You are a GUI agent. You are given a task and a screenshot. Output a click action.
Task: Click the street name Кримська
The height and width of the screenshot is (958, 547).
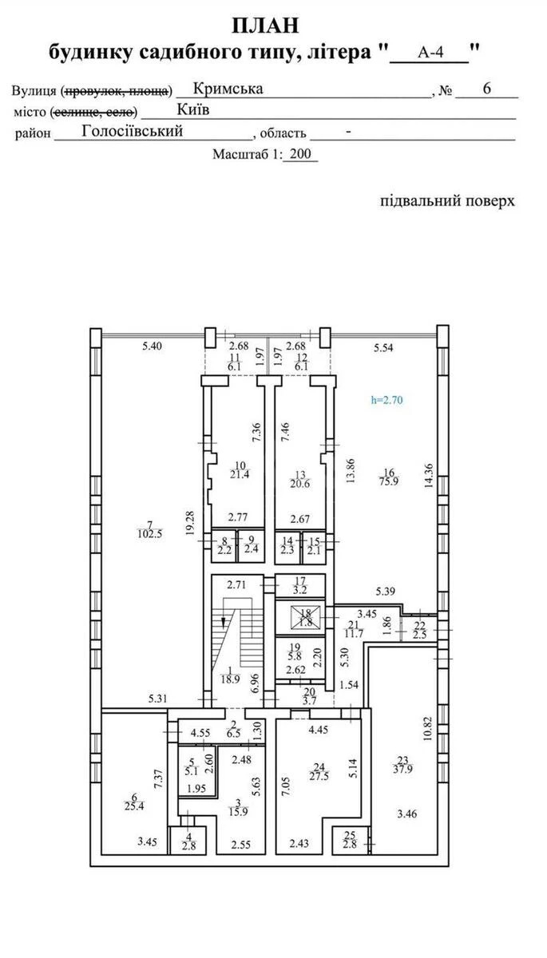click(228, 89)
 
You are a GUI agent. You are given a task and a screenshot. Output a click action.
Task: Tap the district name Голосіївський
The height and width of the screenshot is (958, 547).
click(133, 132)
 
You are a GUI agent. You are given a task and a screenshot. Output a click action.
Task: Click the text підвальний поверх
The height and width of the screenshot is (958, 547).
click(447, 200)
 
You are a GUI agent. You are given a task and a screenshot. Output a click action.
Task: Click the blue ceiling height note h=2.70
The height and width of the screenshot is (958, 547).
click(388, 401)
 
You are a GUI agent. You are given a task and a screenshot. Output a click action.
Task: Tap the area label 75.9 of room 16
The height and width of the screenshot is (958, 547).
click(390, 481)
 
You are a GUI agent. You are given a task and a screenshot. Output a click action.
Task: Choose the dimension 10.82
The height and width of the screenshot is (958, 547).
click(428, 727)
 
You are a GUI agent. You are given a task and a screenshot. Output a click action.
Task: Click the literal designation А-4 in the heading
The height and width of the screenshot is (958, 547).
click(432, 53)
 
